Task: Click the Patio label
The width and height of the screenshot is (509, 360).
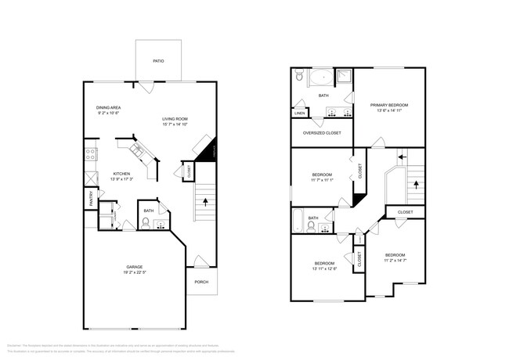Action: pos(158,59)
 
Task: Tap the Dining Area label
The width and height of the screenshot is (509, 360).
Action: pos(108,107)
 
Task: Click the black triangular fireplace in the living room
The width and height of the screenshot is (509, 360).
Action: pos(208,150)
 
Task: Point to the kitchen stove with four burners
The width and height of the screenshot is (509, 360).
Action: pos(90,153)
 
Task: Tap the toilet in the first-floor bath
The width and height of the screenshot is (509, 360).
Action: pos(146,224)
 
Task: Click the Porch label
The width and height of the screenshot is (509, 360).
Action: pos(201,282)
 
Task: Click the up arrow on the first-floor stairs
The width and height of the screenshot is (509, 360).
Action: pos(206,202)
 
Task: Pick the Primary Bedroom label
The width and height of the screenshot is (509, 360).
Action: pos(389,104)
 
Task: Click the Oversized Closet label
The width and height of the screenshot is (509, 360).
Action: pos(322,133)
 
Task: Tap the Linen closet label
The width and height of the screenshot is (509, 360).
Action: pos(299,113)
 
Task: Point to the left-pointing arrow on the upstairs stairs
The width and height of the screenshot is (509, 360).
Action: pos(403,157)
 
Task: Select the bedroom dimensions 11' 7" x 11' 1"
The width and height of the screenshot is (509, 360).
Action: pos(322,180)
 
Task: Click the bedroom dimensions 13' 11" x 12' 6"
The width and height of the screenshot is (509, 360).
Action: pos(324,268)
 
